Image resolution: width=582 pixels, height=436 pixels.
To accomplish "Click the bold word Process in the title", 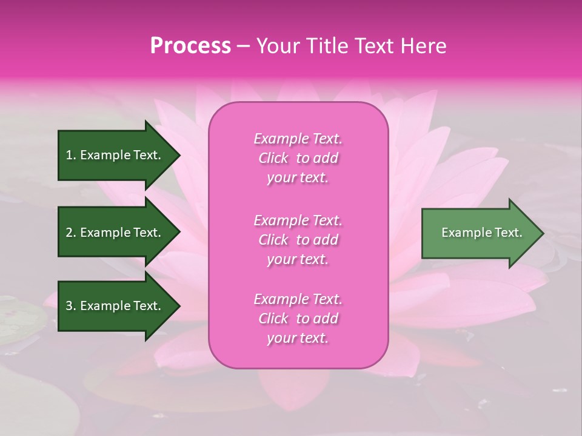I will point(190,46).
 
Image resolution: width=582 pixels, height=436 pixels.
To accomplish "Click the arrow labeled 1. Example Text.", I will point(115,155).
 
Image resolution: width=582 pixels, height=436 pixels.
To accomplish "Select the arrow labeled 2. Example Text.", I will point(115,233).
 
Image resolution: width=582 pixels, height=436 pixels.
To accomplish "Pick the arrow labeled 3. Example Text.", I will point(115,306).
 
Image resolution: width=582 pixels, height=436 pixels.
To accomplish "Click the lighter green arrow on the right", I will point(479,233).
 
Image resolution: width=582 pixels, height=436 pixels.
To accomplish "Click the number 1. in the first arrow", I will point(71,155).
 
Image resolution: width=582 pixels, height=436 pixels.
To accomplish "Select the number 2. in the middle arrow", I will point(71,233).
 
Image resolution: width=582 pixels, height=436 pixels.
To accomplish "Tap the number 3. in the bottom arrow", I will point(71,306).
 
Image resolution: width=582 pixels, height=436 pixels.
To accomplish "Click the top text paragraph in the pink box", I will point(298,158).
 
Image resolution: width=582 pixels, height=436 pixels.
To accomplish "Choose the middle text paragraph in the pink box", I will point(298,240).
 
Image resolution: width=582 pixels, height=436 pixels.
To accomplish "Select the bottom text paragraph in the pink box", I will point(298,319).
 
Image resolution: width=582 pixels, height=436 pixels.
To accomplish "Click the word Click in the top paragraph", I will point(273,158).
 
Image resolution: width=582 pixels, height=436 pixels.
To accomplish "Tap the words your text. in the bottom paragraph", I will point(298,338).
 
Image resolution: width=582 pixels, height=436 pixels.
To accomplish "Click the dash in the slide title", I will point(243,46).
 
